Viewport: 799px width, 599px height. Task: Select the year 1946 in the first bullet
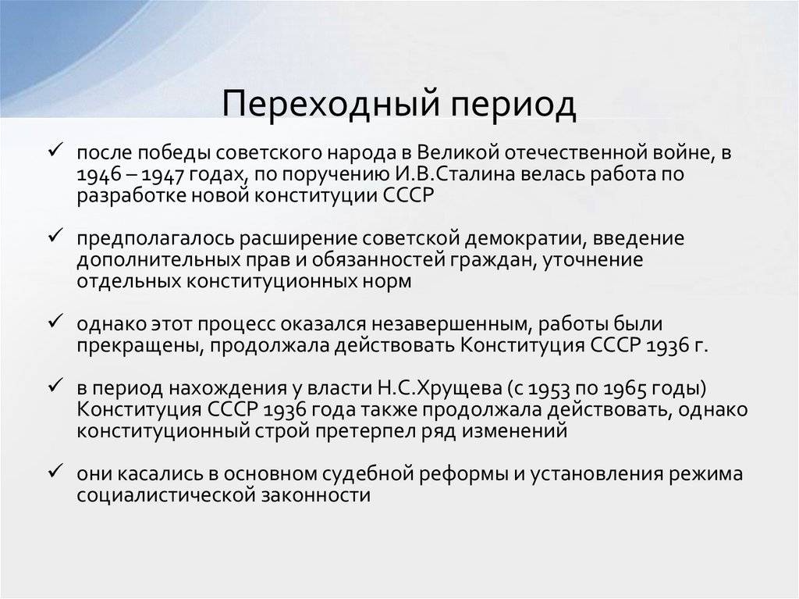[96, 173]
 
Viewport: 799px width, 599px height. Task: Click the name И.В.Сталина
[403, 173]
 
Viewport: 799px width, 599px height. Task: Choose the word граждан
[489, 260]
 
